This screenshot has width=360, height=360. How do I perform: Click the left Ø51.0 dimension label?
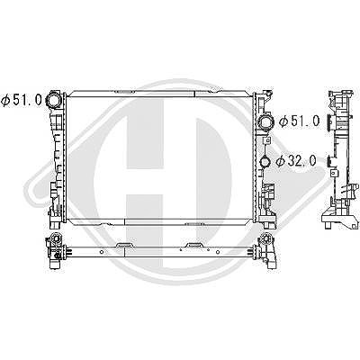pyautogui.click(x=22, y=100)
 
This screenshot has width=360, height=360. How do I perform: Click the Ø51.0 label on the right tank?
pyautogui.click(x=300, y=121)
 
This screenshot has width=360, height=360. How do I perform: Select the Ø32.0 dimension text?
pyautogui.click(x=296, y=161)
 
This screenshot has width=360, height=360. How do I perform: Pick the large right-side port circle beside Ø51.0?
pyautogui.click(x=266, y=121)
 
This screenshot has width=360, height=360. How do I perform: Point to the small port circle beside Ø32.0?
pyautogui.click(x=265, y=161)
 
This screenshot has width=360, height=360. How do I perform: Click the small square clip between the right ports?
pyautogui.click(x=267, y=139)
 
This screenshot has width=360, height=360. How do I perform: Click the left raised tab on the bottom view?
pyautogui.click(x=124, y=246)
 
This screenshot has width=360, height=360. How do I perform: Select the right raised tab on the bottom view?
pyautogui.click(x=194, y=246)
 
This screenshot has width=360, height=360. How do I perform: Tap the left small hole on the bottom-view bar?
pyautogui.click(x=102, y=252)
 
